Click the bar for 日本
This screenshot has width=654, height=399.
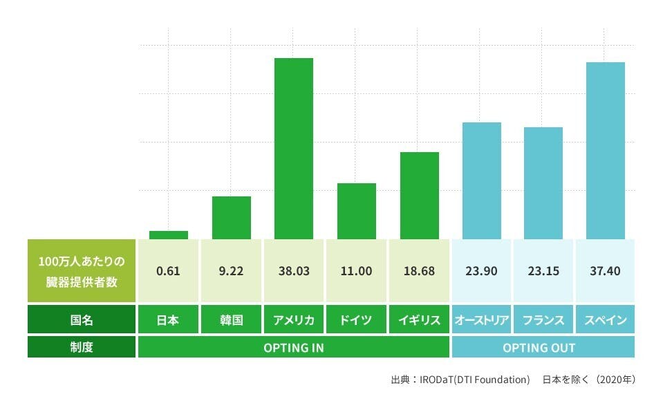pyautogui.click(x=169, y=235)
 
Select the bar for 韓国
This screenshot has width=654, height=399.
pyautogui.click(x=232, y=218)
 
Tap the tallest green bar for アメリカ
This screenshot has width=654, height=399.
pyautogui.click(x=294, y=149)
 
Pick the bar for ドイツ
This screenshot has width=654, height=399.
pyautogui.click(x=357, y=211)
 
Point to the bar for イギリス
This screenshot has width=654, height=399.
pyautogui.click(x=420, y=196)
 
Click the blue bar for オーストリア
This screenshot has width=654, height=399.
pyautogui.click(x=482, y=180)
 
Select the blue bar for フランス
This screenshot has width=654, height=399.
pyautogui.click(x=543, y=183)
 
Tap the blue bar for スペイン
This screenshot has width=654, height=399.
pyautogui.click(x=606, y=151)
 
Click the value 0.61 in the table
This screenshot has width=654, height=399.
pyautogui.click(x=168, y=271)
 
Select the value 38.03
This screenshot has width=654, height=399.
pyautogui.click(x=294, y=271)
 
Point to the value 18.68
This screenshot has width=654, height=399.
pyautogui.click(x=419, y=271)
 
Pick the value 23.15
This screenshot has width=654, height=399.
pyautogui.click(x=543, y=271)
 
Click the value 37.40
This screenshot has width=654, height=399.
pyautogui.click(x=606, y=271)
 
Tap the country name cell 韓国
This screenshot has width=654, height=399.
pyautogui.click(x=231, y=320)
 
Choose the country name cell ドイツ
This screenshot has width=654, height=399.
pyautogui.click(x=357, y=320)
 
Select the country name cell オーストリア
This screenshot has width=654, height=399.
pyautogui.click(x=482, y=320)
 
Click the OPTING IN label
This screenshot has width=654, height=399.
pyautogui.click(x=294, y=347)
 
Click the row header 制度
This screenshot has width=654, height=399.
pyautogui.click(x=82, y=347)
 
